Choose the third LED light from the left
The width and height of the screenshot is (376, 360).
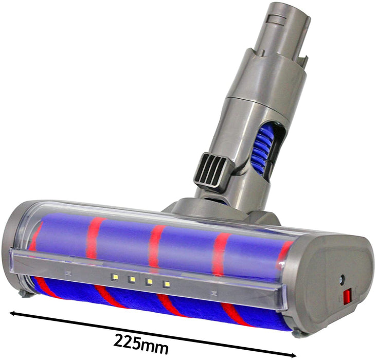(149, 281)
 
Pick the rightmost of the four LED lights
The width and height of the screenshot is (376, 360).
(166, 283)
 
